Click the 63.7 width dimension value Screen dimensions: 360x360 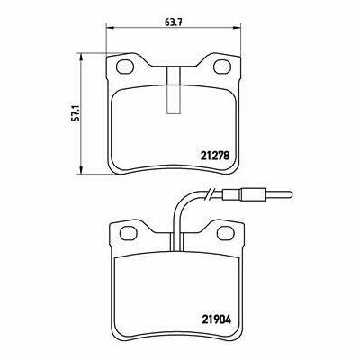pos(174,22)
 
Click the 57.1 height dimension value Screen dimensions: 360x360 pos(75,113)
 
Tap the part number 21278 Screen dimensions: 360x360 pos(214,156)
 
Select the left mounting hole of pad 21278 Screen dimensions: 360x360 pos(125,67)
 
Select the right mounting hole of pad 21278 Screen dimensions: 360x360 pos(222,67)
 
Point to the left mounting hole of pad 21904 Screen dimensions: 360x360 pos(129,233)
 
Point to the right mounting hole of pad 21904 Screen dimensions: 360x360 pos(225,233)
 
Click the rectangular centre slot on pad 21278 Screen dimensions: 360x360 pos(174,90)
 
